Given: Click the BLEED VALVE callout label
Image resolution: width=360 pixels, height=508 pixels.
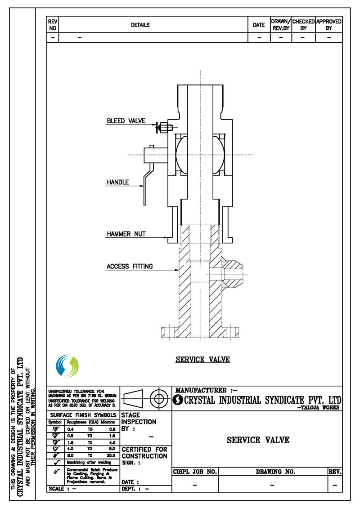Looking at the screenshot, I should click(126, 121).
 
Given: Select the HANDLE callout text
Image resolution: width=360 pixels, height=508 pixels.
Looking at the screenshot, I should click(118, 182).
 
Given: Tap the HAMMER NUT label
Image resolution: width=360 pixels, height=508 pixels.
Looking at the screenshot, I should click(126, 234).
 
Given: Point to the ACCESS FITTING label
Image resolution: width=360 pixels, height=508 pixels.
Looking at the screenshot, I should click(130, 266).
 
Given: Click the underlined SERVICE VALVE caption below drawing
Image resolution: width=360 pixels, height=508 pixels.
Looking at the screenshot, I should click(202, 360).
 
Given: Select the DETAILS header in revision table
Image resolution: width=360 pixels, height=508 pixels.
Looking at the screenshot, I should click(140, 25).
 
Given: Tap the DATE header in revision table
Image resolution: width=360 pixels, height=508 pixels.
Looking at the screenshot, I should click(259, 25).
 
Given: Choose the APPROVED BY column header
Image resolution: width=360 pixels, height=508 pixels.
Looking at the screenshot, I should click(329, 25).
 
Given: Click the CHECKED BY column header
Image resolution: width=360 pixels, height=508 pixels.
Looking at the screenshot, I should click(303, 25).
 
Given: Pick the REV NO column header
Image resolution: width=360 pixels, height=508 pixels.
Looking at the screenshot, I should click(52, 25).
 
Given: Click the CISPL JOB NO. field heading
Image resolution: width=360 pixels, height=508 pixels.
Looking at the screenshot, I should click(195, 472).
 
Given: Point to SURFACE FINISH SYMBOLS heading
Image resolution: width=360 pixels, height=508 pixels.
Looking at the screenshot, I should click(83, 415).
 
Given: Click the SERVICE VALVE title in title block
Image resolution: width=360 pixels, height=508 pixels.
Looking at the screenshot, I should click(258, 440).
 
